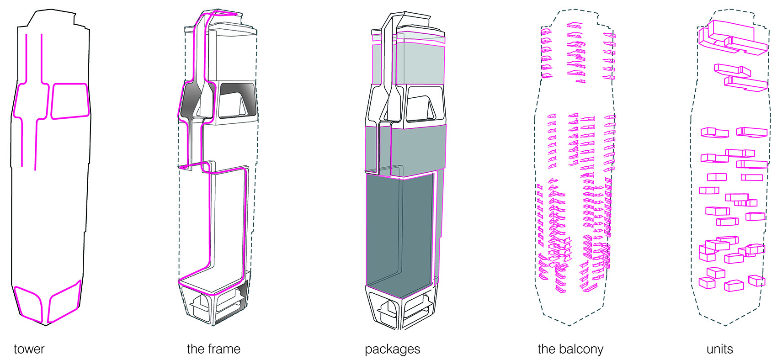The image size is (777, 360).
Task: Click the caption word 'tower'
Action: click(29, 349)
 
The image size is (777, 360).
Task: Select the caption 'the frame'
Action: click(213, 349)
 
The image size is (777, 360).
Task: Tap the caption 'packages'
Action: click(392, 349)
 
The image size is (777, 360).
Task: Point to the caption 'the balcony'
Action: click(570, 349)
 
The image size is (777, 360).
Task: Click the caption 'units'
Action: click(719, 349)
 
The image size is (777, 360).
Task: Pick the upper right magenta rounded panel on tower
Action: click(69, 101)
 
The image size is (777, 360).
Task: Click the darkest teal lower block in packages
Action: click(398, 228)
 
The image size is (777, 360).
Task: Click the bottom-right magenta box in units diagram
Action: click(756, 280)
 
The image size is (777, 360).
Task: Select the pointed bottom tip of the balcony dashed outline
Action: click(569, 325)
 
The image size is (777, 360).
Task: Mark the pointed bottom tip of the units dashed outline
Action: click(725, 325)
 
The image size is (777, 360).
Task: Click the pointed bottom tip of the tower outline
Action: click(46, 325)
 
